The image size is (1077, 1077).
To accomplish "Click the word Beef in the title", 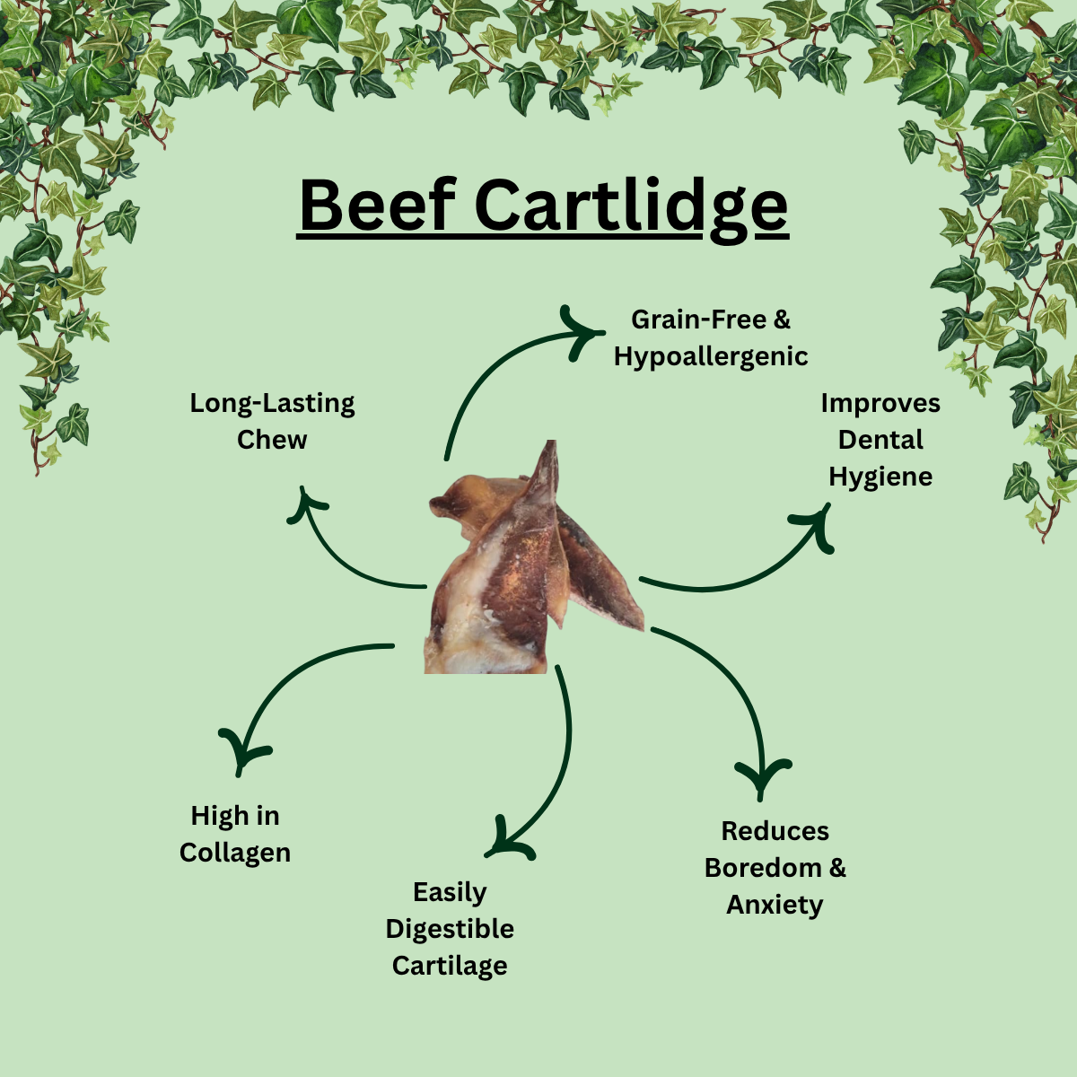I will pyautogui.click(x=378, y=206).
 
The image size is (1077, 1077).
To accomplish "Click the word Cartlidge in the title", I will pyautogui.click(x=630, y=206).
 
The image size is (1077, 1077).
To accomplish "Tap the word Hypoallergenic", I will pyautogui.click(x=711, y=356).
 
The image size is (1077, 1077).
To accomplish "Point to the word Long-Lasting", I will pyautogui.click(x=272, y=403).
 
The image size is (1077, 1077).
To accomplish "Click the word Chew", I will pyautogui.click(x=272, y=440).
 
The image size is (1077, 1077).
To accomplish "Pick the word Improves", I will pyautogui.click(x=880, y=403).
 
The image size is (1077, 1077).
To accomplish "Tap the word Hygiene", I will pyautogui.click(x=880, y=477).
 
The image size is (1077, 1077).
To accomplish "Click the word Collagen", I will pyautogui.click(x=235, y=853).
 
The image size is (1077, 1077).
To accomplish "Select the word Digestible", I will pyautogui.click(x=450, y=929).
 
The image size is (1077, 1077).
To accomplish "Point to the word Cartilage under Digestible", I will pyautogui.click(x=450, y=966).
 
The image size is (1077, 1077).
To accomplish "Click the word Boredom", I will pyautogui.click(x=763, y=868).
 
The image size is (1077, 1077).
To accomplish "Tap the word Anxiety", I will pyautogui.click(x=775, y=905).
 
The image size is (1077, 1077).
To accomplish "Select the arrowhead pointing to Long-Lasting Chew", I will pyautogui.click(x=304, y=503).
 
